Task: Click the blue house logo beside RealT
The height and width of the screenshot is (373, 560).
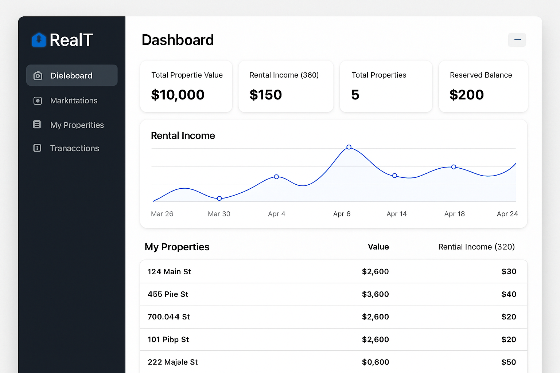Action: [39, 40]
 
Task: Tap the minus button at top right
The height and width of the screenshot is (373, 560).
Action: [517, 40]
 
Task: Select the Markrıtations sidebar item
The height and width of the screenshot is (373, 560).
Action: [74, 101]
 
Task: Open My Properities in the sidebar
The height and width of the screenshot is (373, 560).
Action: [77, 125]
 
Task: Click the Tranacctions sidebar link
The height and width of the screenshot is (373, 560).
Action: [74, 148]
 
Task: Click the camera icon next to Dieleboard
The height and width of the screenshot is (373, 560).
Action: [38, 76]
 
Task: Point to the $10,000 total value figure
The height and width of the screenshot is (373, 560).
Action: [178, 95]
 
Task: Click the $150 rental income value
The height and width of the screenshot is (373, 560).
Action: [265, 95]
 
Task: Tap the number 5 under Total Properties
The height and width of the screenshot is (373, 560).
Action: [355, 95]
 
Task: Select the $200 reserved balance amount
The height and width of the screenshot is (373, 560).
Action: [466, 95]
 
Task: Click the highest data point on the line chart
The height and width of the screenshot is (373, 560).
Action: [349, 147]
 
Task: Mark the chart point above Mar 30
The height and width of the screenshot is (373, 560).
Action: [219, 199]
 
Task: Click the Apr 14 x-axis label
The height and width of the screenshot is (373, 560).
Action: [396, 214]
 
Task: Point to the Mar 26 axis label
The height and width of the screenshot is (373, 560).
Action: [162, 214]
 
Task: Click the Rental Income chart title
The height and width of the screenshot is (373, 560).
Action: [183, 136]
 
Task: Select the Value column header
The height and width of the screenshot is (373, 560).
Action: [378, 247]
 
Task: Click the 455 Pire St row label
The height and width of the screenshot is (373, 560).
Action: [168, 294]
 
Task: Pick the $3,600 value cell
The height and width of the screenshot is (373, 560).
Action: [375, 294]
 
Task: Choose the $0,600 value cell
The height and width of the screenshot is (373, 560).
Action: [375, 362]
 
